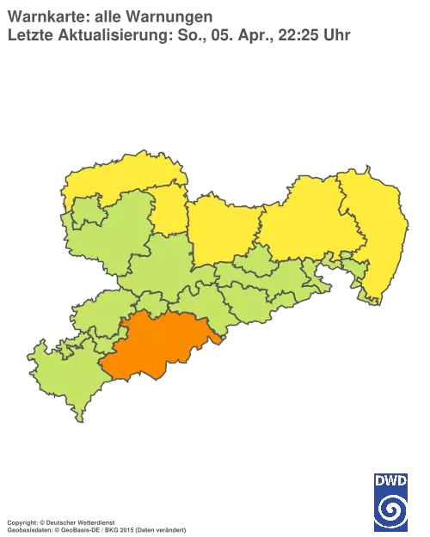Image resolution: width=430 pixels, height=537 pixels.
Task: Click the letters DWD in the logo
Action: pos(390,482)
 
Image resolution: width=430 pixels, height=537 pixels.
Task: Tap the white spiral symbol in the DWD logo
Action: pos(390,512)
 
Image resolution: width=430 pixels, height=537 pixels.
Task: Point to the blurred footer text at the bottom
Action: pos(95,521)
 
